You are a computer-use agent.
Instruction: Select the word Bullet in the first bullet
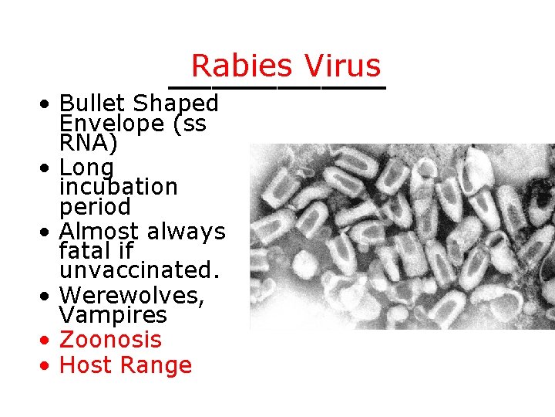tap(93, 103)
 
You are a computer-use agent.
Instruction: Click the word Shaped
tap(177, 103)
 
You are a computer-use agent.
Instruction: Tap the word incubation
tap(118, 187)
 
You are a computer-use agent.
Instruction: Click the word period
tap(95, 208)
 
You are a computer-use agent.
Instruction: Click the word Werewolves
tap(132, 295)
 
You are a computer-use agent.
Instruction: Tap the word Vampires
tap(113, 315)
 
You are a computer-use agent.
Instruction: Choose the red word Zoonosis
tap(110, 340)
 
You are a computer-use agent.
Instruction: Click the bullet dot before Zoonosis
tap(48, 341)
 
